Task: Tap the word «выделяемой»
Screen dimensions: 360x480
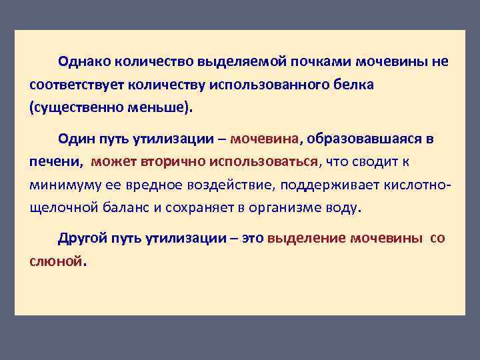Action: (x=241, y=62)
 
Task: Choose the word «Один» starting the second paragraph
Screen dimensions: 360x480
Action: (x=75, y=139)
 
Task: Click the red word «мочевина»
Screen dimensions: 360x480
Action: (x=265, y=139)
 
